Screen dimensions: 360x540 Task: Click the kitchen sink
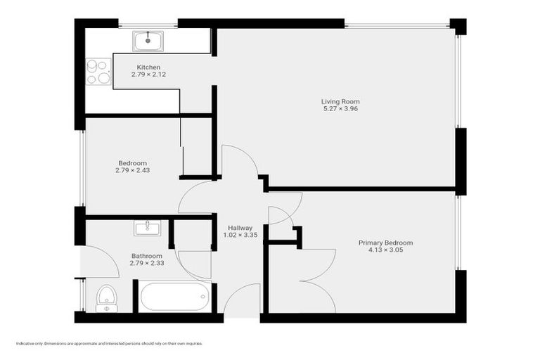(149, 40)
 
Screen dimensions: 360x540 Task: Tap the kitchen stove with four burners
(98, 71)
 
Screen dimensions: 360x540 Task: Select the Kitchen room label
(148, 67)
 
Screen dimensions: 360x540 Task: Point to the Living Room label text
(340, 102)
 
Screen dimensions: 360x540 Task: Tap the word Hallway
(240, 228)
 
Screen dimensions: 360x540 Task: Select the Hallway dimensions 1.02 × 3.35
(240, 235)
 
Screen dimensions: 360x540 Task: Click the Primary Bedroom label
(385, 243)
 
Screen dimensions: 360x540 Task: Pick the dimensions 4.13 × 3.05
(385, 250)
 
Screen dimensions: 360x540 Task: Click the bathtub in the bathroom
(174, 296)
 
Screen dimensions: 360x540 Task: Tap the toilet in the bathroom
(106, 297)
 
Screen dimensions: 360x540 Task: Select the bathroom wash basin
(147, 227)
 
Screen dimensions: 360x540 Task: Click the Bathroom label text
(146, 256)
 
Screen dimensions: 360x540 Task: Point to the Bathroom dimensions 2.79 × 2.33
(146, 263)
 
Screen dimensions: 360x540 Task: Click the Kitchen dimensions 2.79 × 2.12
(148, 75)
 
